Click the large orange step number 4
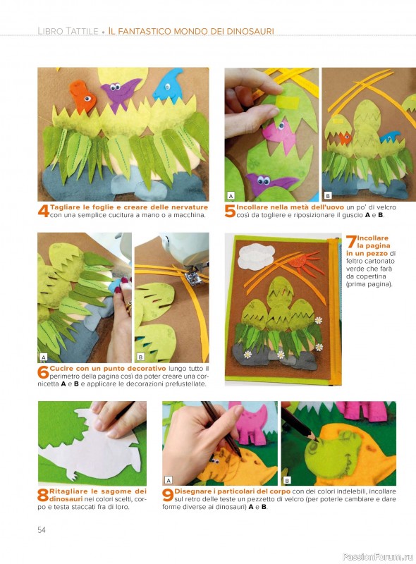tap(44, 211)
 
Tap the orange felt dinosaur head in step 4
tap(82, 97)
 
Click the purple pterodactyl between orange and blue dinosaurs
tap(120, 92)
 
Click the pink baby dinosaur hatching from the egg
tap(279, 135)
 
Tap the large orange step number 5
tap(231, 211)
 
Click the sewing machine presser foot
tap(191, 278)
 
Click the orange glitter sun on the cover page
tap(302, 262)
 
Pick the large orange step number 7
tap(351, 242)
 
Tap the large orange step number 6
tap(43, 372)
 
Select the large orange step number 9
tap(168, 495)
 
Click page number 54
tap(42, 530)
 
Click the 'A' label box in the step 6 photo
tap(44, 357)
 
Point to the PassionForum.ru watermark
tap(378, 556)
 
